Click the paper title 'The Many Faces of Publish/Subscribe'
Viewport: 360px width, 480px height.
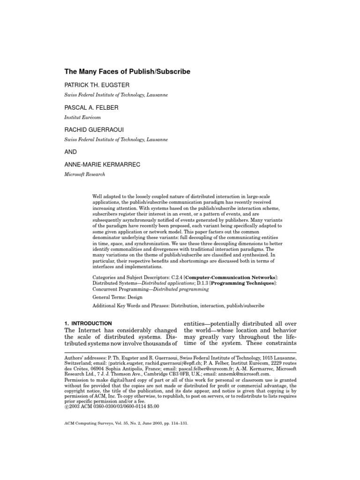127,72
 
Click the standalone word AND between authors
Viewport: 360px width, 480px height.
70,152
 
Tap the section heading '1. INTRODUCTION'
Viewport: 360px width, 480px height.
88,323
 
